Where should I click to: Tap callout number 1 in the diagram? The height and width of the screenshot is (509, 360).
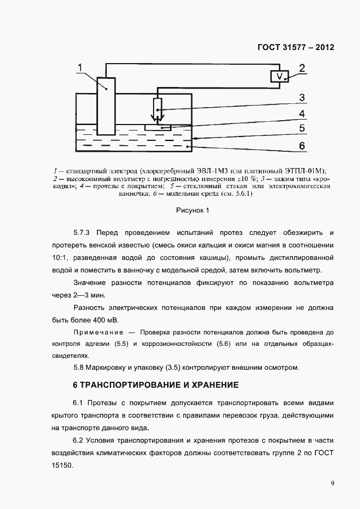click(80, 67)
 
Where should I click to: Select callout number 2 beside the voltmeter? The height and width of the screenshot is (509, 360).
click(301, 69)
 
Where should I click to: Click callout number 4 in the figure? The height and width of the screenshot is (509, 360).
click(301, 115)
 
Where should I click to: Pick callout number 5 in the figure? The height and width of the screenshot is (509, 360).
click(301, 129)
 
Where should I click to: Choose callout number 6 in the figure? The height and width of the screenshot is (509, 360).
click(301, 145)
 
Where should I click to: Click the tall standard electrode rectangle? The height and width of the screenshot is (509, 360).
click(106, 105)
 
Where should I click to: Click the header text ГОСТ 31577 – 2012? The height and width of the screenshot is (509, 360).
click(295, 47)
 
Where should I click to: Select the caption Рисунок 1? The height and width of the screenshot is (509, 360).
click(192, 209)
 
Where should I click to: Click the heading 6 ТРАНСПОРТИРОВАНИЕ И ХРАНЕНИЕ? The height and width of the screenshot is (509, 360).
click(156, 385)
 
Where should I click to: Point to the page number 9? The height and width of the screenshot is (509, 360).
click(332, 483)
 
